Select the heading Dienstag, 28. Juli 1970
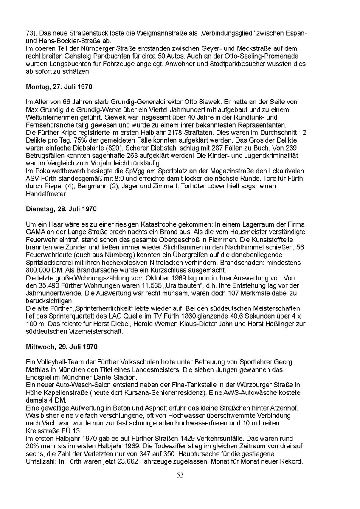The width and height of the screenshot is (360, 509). [x=61, y=210]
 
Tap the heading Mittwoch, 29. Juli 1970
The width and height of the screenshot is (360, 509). [x=62, y=347]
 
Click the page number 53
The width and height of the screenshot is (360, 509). [x=180, y=475]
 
